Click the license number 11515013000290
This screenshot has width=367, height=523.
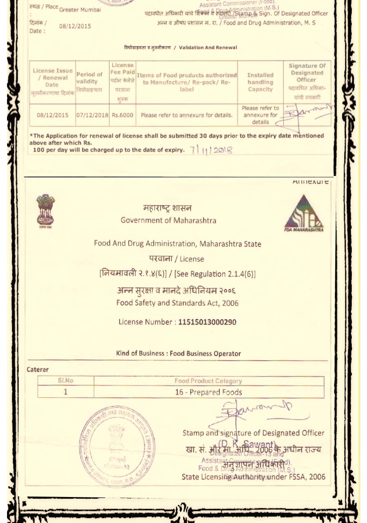207,322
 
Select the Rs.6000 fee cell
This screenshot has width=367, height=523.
122,115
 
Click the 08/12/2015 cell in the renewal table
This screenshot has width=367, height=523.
52,115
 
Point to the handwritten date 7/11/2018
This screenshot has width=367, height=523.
212,150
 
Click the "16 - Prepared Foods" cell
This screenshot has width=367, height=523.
209,392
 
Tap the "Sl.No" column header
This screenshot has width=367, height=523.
66,381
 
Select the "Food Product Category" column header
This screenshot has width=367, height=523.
209,381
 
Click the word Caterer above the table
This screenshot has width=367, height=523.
38,370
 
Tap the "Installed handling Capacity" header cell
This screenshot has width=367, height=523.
260,82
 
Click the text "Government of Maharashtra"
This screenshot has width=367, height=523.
168,220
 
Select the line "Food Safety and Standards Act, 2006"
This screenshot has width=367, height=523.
177,303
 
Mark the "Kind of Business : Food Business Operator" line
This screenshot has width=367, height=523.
179,353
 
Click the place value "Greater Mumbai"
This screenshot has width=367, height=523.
80,10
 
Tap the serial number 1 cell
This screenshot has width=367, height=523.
66,392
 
